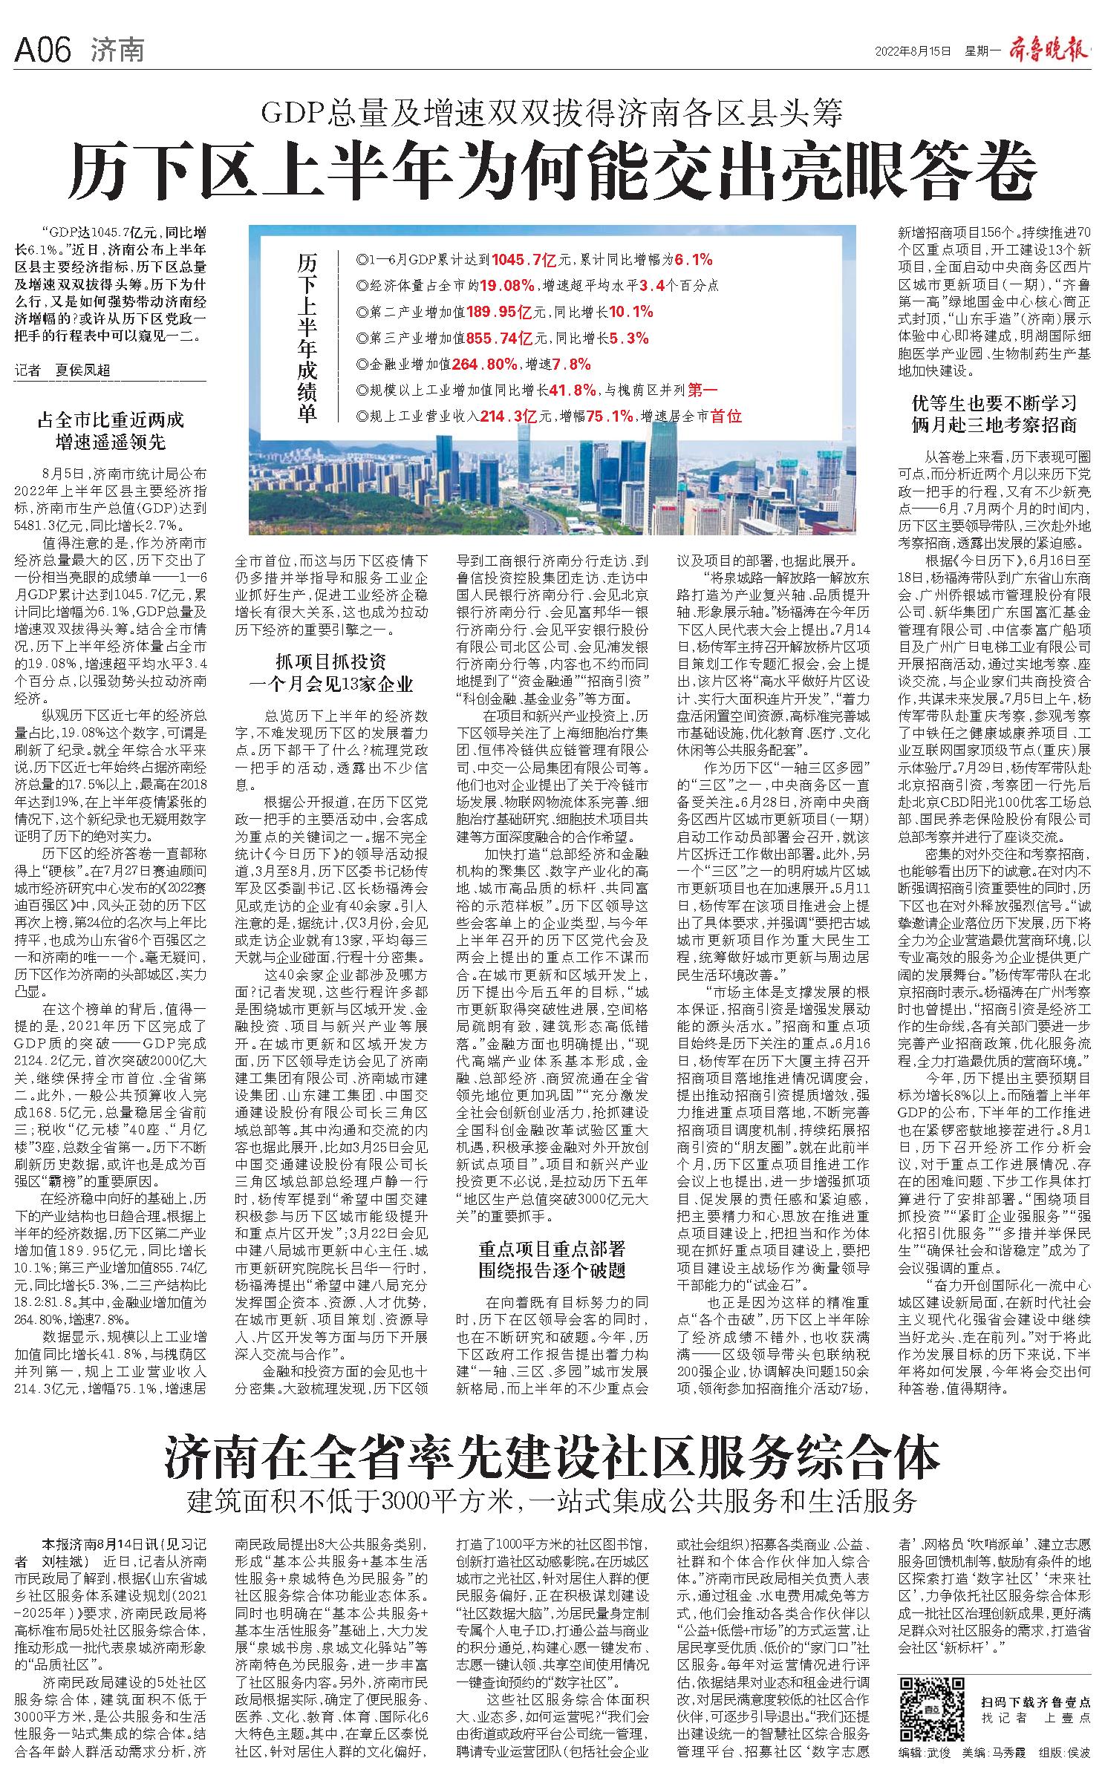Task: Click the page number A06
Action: (42, 51)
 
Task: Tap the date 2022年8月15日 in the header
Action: (913, 51)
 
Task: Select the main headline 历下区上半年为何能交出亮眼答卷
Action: (552, 170)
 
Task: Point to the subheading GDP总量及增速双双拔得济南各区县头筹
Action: (552, 113)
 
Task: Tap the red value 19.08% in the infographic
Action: (506, 286)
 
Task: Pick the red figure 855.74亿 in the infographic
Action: (499, 338)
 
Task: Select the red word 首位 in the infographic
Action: (726, 416)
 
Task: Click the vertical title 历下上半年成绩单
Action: (306, 338)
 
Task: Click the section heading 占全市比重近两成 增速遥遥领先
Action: (111, 431)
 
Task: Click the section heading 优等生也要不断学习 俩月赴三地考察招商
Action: (994, 414)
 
